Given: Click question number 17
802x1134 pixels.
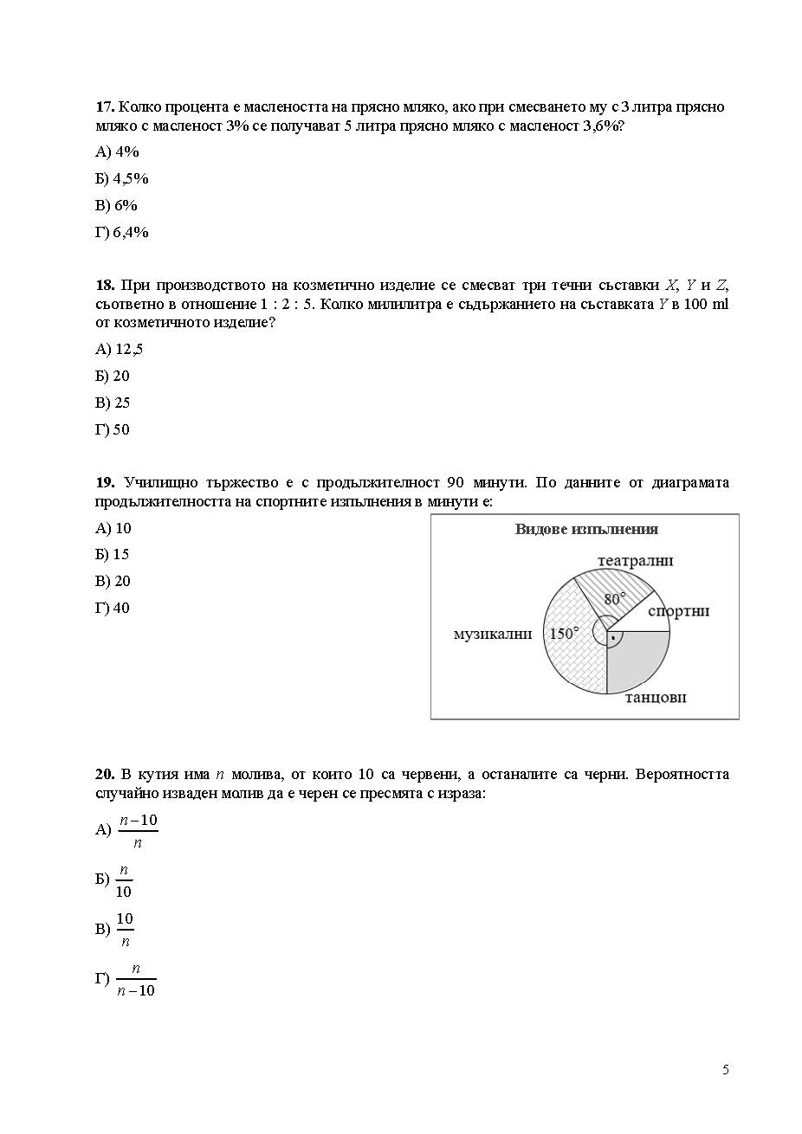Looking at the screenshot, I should (105, 107).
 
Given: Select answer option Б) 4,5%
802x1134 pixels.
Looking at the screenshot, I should (122, 179).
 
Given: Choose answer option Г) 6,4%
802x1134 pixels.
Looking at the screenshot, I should (122, 233).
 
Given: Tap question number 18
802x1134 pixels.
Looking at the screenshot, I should (105, 286).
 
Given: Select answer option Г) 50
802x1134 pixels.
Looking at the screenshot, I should (113, 430).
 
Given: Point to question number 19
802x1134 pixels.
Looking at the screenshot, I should (105, 483).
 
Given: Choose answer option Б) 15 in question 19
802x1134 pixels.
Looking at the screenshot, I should (113, 555).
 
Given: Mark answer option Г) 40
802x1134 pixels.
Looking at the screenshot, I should (113, 609).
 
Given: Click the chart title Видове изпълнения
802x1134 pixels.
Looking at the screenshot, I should (586, 530).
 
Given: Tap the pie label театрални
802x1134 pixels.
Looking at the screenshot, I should (635, 561).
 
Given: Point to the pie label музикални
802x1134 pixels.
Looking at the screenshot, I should (492, 635).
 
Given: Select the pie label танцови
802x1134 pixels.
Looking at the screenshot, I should (656, 697).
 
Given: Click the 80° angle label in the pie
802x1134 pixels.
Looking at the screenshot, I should (615, 598).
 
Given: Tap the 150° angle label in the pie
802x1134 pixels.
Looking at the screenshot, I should (563, 634).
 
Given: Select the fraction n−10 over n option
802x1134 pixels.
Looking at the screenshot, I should (138, 831).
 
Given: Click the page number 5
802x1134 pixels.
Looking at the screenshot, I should (726, 1070).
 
